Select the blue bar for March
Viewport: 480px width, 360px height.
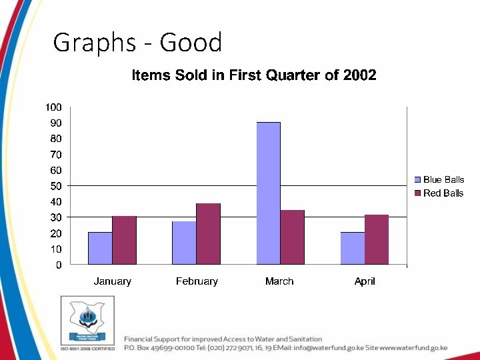point(269,193)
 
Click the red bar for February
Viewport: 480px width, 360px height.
point(208,234)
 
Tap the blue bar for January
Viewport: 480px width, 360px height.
point(100,248)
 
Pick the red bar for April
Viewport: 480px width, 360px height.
point(376,239)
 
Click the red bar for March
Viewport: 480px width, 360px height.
point(292,237)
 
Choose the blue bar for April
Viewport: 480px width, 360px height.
point(352,248)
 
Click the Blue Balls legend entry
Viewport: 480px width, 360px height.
point(443,179)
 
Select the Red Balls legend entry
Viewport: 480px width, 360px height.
point(443,193)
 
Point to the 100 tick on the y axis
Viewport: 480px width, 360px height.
point(53,107)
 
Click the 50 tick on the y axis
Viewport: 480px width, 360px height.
point(56,186)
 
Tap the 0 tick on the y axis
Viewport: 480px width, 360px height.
point(59,265)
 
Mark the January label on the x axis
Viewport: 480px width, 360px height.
point(112,281)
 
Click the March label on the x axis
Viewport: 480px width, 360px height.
point(279,281)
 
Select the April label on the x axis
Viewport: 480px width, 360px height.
point(365,281)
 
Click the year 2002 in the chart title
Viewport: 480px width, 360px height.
point(359,75)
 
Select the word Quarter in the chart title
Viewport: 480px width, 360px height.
point(293,75)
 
